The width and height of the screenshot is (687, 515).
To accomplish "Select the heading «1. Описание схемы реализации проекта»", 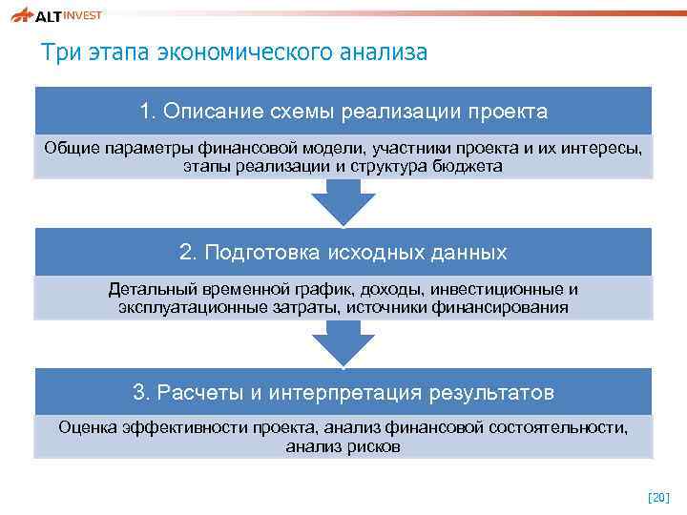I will pyautogui.click(x=343, y=112).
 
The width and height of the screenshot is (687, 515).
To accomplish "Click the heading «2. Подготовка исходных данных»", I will pyautogui.click(x=343, y=253).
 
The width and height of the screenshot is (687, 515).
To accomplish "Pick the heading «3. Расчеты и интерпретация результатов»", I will pyautogui.click(x=343, y=393).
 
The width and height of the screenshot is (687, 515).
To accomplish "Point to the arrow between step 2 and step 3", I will pyautogui.click(x=343, y=340).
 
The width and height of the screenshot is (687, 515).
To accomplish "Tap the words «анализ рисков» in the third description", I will pyautogui.click(x=343, y=446).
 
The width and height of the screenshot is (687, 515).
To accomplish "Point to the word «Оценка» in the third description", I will pyautogui.click(x=88, y=428).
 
